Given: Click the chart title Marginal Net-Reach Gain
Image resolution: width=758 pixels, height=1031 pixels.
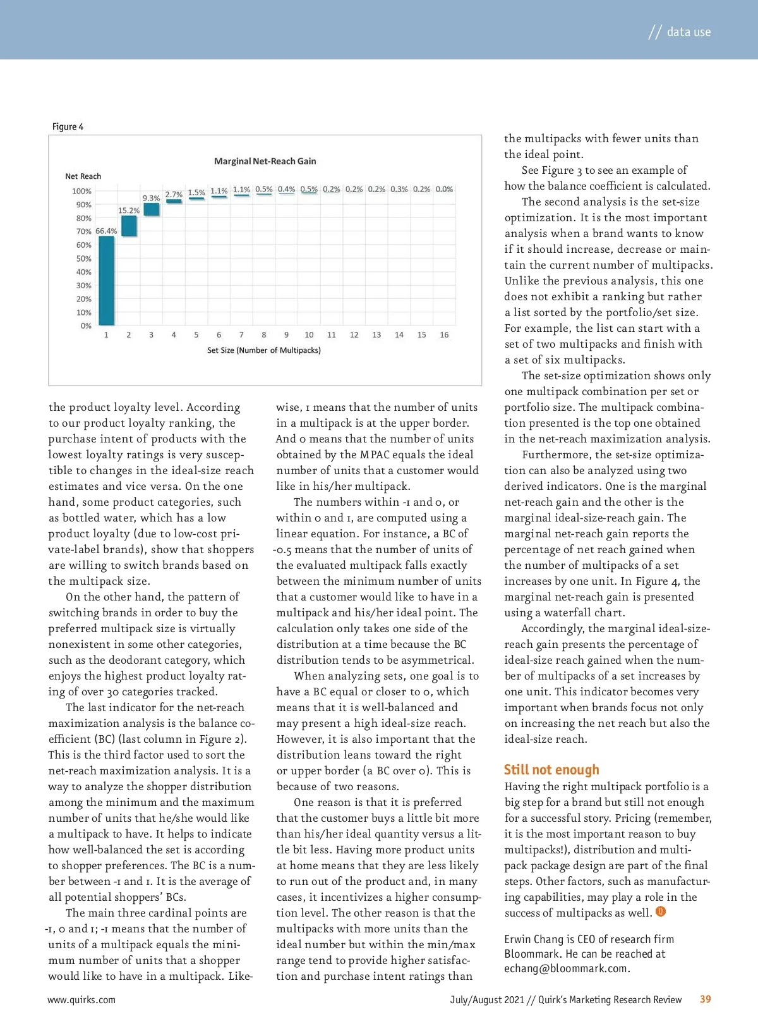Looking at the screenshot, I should pyautogui.click(x=265, y=161).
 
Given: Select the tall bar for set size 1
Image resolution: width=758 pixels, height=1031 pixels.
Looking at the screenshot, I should pyautogui.click(x=106, y=281).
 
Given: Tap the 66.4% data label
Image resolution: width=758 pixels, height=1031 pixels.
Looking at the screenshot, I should pyautogui.click(x=106, y=231).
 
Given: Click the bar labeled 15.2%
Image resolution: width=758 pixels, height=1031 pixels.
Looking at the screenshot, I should pyautogui.click(x=129, y=226).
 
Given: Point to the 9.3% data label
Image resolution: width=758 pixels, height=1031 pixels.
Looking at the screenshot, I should pyautogui.click(x=151, y=198).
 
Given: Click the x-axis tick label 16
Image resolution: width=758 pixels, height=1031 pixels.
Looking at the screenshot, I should pyautogui.click(x=444, y=335).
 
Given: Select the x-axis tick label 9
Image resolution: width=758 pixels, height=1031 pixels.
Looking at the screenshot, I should pyautogui.click(x=286, y=335).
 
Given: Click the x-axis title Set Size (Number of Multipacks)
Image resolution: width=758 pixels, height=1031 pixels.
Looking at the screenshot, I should pyautogui.click(x=264, y=350).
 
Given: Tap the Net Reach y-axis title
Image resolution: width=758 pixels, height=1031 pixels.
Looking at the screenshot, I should pyautogui.click(x=83, y=176).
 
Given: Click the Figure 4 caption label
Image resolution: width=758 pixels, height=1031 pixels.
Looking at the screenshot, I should pyautogui.click(x=68, y=126).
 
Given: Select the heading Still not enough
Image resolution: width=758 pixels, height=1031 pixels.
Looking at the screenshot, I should pyautogui.click(x=551, y=769).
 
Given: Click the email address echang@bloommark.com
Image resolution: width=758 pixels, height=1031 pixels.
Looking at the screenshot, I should pyautogui.click(x=566, y=968).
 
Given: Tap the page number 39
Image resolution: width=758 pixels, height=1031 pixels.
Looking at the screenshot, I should pyautogui.click(x=705, y=999).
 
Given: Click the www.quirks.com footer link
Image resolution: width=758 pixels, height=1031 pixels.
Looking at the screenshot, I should pyautogui.click(x=81, y=999).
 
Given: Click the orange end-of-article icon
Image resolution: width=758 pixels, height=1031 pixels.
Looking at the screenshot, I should pyautogui.click(x=661, y=912).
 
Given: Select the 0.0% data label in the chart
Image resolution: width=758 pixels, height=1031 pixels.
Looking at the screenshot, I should pyautogui.click(x=444, y=189).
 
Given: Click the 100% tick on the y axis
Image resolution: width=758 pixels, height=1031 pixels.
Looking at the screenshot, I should pyautogui.click(x=81, y=191).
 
